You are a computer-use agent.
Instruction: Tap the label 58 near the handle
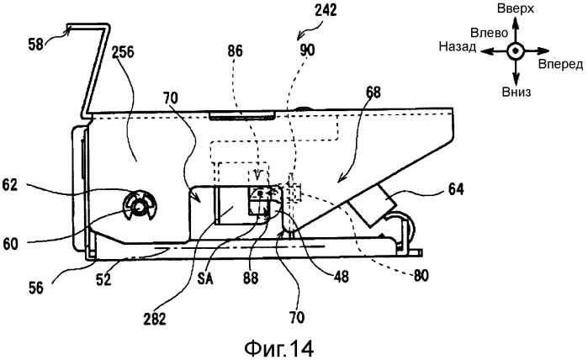coord(36,45)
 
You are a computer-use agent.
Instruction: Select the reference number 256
coord(122,52)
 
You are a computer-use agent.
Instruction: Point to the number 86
coord(235,51)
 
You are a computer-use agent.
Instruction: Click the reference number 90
coord(307,50)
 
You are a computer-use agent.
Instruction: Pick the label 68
coord(373,93)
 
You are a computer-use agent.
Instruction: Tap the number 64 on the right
coord(455,189)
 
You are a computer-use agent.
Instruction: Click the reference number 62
coord(10,184)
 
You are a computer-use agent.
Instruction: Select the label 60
coord(11,245)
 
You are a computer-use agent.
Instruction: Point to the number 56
coord(35,288)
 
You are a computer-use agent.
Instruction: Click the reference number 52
coord(103,278)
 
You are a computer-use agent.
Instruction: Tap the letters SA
coord(205,278)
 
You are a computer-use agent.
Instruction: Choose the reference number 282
coord(155,319)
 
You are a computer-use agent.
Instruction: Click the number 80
coord(421,276)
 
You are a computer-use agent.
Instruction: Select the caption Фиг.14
coord(279,348)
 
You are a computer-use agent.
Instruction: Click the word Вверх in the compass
coord(516,8)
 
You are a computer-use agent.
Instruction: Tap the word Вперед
coord(560,64)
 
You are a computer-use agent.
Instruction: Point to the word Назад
coord(458,46)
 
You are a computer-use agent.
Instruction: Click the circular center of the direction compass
coord(516,50)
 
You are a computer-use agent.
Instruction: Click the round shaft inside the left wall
coord(139,207)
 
